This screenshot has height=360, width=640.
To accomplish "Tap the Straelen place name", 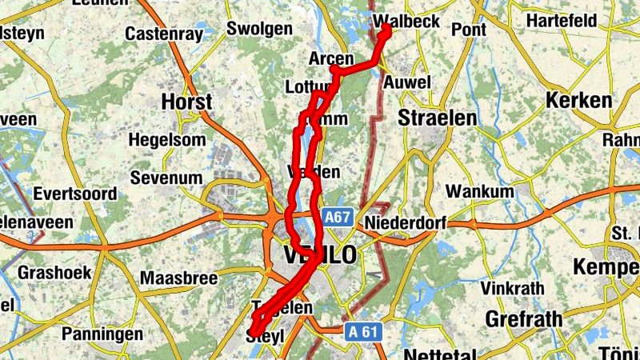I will pyautogui.click(x=437, y=118).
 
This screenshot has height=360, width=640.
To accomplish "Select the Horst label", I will pyautogui.click(x=186, y=102).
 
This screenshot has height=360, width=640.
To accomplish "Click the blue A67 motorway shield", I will pyautogui.click(x=337, y=217).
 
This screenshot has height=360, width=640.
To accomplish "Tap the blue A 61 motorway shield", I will pyautogui.click(x=363, y=330).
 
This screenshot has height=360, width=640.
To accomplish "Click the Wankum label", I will pyautogui.click(x=478, y=192).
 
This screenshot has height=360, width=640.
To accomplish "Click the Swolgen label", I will pyautogui.click(x=259, y=29).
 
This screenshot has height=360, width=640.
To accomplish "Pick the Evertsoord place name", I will pyautogui.click(x=75, y=194).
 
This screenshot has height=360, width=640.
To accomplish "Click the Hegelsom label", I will pyautogui.click(x=167, y=140).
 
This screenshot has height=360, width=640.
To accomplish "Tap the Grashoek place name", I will pyautogui.click(x=55, y=272).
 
